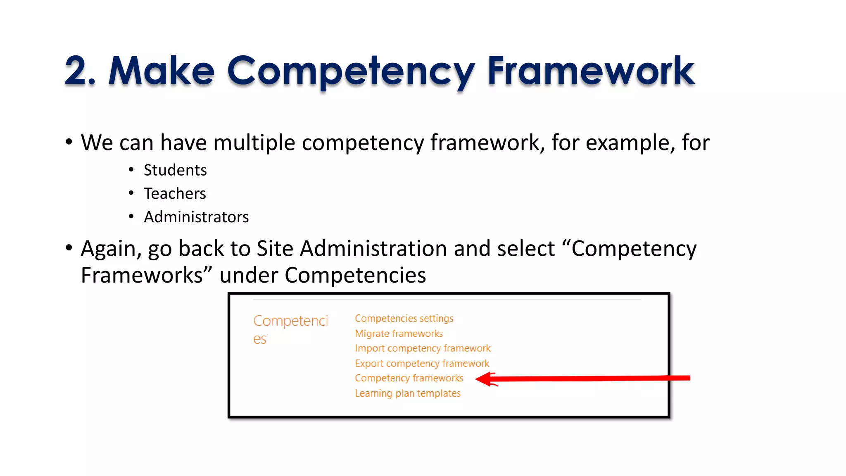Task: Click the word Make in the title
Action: pyautogui.click(x=162, y=71)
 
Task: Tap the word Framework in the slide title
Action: pyautogui.click(x=591, y=71)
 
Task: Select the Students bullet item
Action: pyautogui.click(x=175, y=170)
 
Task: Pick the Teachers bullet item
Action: pyautogui.click(x=175, y=194)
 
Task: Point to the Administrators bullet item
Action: pyautogui.click(x=196, y=217)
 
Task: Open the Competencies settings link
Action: pyautogui.click(x=404, y=319)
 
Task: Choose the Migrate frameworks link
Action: pyautogui.click(x=399, y=333)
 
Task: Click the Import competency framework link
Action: pyautogui.click(x=423, y=348)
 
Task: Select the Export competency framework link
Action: pyautogui.click(x=422, y=364)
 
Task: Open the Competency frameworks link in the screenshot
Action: pyautogui.click(x=409, y=378)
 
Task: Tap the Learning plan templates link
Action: pyautogui.click(x=408, y=393)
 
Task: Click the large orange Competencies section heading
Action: pyautogui.click(x=290, y=329)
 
